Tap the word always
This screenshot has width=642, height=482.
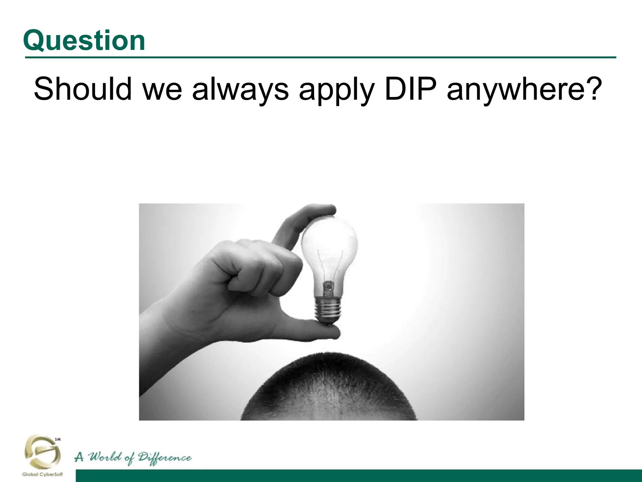point(240,89)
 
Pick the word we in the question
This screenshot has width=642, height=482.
point(162,89)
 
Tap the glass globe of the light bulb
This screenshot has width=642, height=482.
point(329,242)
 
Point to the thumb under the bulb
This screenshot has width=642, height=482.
point(313,331)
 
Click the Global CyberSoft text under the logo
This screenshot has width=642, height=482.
point(42,474)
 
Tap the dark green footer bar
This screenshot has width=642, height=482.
point(357,476)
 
